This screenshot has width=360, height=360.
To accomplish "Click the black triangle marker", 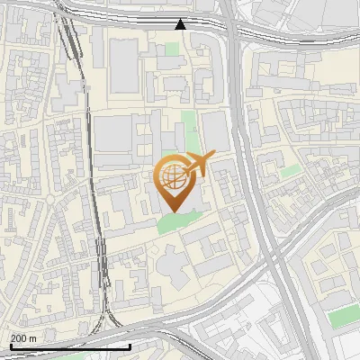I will (181, 24).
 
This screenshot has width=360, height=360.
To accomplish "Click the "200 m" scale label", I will (23, 338).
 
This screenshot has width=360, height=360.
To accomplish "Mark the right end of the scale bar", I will (130, 346).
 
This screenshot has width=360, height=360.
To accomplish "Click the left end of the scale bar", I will (11, 346).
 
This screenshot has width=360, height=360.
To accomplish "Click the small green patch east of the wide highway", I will (290, 171).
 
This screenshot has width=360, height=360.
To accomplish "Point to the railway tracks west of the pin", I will (94, 180).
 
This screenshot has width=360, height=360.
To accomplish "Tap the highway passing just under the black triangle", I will (180, 39).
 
